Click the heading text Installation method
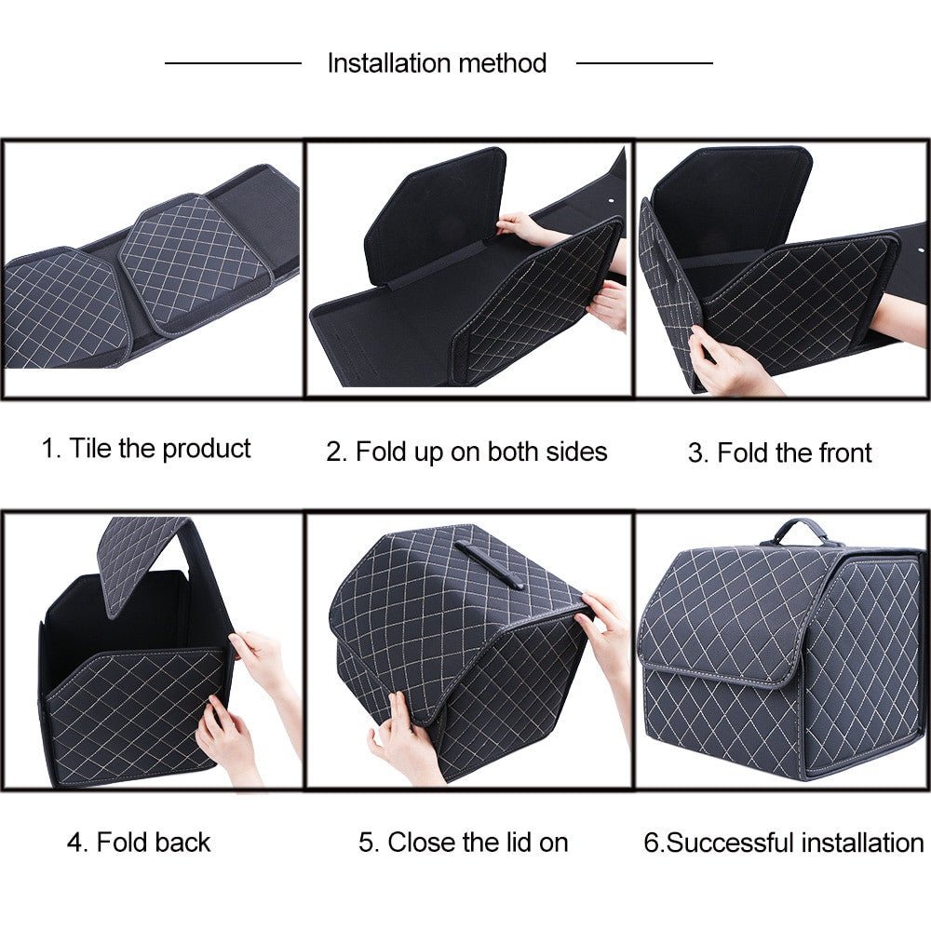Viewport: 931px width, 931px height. click(x=437, y=63)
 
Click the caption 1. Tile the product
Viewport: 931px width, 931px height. click(x=146, y=449)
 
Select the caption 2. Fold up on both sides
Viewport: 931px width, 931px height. click(x=466, y=452)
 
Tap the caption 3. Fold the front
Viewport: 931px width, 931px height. click(x=779, y=453)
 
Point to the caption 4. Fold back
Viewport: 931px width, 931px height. click(x=139, y=843)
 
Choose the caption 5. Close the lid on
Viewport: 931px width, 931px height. click(x=463, y=843)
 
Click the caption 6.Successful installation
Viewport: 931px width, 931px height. click(x=783, y=843)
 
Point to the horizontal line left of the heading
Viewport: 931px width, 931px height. click(x=233, y=63)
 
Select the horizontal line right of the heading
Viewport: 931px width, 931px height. click(x=644, y=63)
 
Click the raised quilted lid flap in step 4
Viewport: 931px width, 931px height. click(x=140, y=563)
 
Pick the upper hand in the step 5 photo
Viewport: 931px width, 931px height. click(x=605, y=633)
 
